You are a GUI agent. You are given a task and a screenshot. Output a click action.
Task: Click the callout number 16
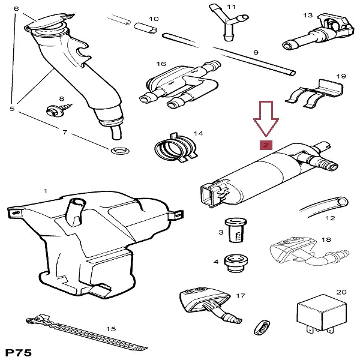point(161,63)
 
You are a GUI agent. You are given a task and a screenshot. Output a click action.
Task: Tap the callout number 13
point(308,14)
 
